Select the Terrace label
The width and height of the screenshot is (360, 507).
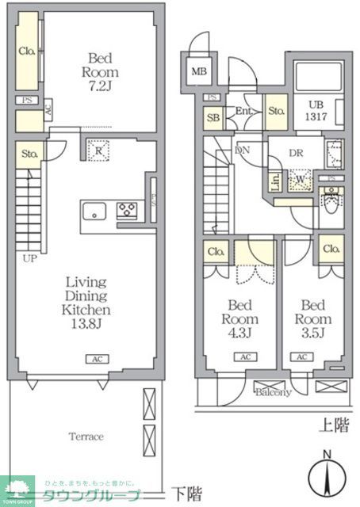point(86,436)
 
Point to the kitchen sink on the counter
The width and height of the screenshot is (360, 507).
point(94,212)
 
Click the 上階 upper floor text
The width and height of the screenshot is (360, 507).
point(333,426)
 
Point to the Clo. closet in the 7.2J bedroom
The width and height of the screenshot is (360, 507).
point(27,52)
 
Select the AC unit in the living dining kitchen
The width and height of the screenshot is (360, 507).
point(96,359)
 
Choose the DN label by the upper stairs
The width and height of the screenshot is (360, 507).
point(243,149)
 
